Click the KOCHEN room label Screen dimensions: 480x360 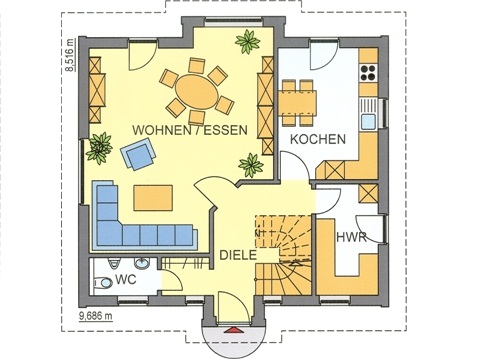[x=318, y=139]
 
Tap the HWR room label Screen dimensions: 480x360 [x=351, y=237]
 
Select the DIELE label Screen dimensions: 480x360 [x=238, y=255]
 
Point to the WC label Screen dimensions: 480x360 [x=126, y=279]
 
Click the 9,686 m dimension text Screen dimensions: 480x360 [x=96, y=316]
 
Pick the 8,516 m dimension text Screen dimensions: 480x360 [x=70, y=55]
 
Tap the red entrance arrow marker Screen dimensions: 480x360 [x=233, y=330]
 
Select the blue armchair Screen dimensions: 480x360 [x=138, y=154]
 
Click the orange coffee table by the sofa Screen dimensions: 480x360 [x=153, y=198]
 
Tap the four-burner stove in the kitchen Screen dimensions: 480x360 [x=368, y=72]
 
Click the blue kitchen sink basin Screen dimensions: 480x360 [x=369, y=121]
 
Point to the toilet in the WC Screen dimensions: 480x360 [x=103, y=283]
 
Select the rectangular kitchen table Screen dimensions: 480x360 [x=297, y=102]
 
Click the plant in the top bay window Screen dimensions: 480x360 [x=248, y=42]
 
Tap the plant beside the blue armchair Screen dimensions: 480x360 [x=99, y=148]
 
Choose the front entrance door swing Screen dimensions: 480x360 [x=233, y=307]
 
